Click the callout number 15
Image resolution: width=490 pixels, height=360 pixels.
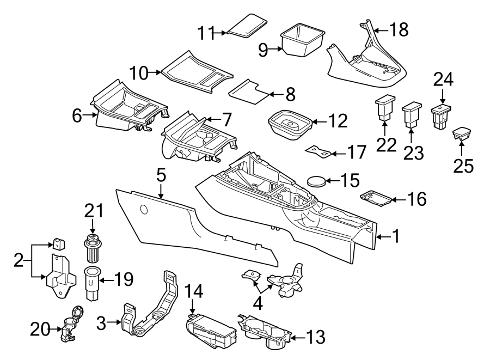(x=343, y=180)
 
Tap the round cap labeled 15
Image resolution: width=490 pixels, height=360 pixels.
(x=316, y=180)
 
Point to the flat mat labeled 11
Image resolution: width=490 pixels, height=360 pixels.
(x=247, y=25)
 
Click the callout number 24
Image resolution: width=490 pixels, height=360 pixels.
(x=443, y=81)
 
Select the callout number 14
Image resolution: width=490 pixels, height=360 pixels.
(x=194, y=292)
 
